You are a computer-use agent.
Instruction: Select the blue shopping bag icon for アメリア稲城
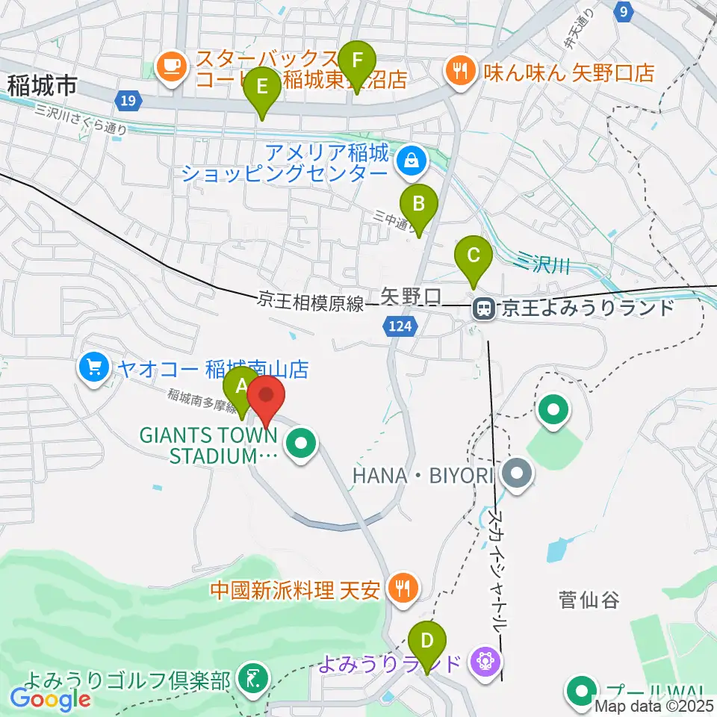pos(410,159)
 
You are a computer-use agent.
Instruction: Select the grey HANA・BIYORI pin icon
pos(516,473)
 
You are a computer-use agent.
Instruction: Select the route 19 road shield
pos(128,101)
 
